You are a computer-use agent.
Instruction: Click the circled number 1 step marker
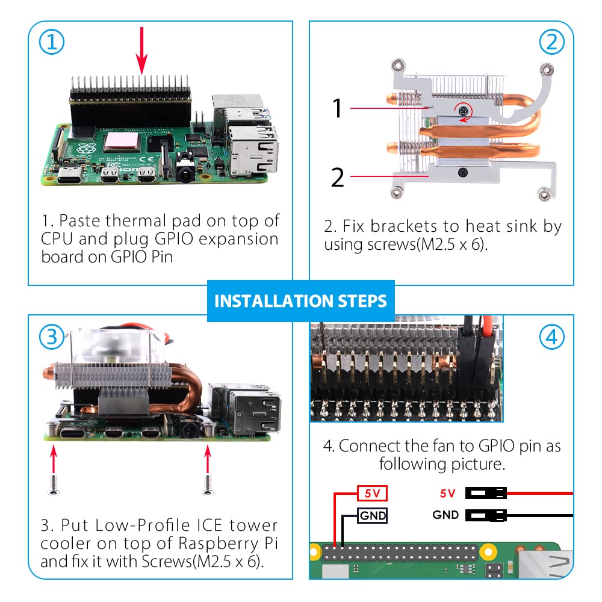(x=51, y=42)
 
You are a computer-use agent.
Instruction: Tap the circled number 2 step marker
(x=551, y=42)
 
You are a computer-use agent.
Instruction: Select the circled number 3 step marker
(x=51, y=337)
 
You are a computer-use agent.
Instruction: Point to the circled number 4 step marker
(x=551, y=337)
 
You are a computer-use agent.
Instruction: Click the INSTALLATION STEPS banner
(x=300, y=301)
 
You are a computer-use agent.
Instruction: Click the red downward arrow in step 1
(x=141, y=51)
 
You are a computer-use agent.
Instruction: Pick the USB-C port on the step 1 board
(x=69, y=176)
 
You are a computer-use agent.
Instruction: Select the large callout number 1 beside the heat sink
(x=337, y=108)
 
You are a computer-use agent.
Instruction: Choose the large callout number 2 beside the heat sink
(x=338, y=178)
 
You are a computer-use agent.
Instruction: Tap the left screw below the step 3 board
(x=54, y=484)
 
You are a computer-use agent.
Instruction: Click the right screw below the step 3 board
(x=208, y=484)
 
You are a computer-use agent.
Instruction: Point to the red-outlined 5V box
(x=372, y=493)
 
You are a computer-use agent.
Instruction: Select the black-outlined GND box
(x=372, y=515)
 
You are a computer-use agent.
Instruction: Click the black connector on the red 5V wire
(x=486, y=493)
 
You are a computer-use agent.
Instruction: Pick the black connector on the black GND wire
(x=486, y=515)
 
